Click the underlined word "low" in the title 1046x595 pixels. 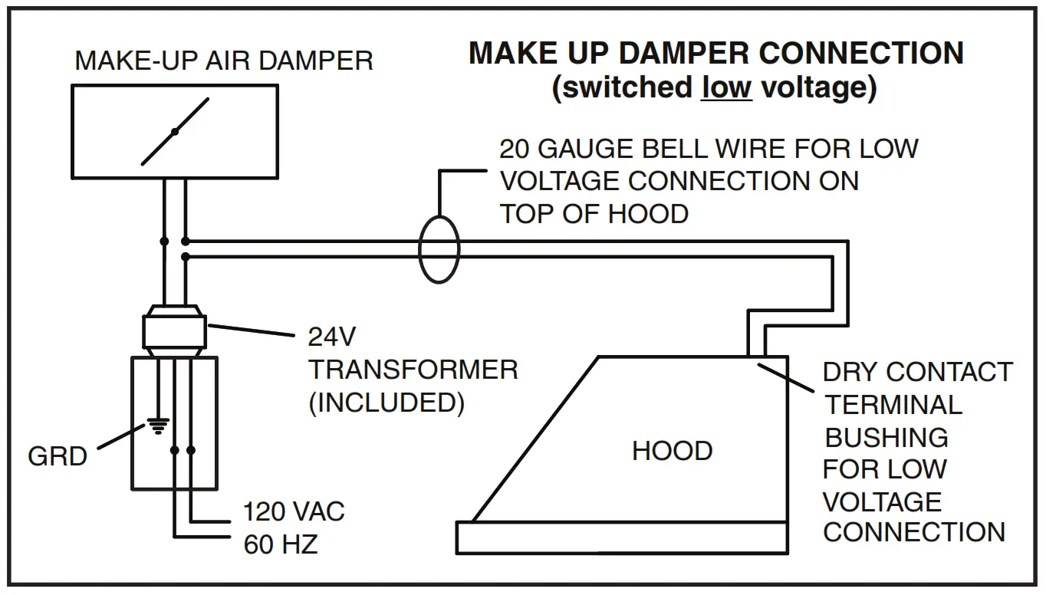726,87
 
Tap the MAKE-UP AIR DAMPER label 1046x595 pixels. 224,61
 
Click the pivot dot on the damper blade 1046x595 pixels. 175,132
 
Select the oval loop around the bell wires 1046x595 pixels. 439,250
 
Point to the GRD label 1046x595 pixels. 58,456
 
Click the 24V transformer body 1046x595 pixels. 174,332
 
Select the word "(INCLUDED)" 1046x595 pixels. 386,403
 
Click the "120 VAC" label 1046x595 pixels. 294,511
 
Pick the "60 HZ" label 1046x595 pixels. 281,544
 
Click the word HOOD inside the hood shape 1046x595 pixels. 672,451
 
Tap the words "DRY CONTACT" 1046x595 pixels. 917,372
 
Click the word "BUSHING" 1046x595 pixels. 886,437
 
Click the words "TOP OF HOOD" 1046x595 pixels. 594,213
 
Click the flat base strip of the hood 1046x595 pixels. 621,537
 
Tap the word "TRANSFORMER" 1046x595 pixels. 413,370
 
